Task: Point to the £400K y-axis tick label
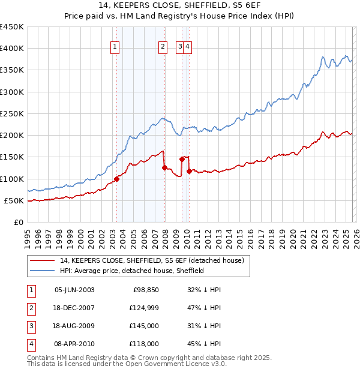click(11, 49)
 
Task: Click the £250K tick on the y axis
click(11, 113)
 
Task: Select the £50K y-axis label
click(14, 200)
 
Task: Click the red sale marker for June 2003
click(116, 179)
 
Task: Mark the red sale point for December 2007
click(164, 168)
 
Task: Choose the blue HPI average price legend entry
click(132, 271)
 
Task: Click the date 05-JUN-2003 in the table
click(74, 290)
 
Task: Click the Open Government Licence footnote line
click(127, 364)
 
